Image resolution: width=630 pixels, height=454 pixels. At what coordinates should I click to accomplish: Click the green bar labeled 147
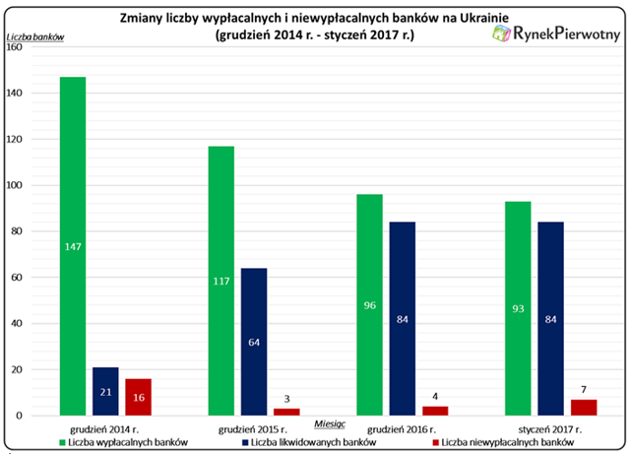pos(73,246)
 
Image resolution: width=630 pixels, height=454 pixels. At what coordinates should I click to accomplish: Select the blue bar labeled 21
pos(105,391)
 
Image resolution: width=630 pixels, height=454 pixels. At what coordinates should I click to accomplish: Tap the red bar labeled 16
pos(138,397)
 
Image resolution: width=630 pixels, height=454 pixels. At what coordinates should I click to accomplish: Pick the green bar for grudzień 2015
pos(221,281)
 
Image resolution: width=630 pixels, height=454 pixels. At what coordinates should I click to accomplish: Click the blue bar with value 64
pos(254,342)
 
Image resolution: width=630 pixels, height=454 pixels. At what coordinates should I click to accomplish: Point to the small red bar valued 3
pos(286,413)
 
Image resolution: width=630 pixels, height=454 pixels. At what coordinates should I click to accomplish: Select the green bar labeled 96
pos(370,305)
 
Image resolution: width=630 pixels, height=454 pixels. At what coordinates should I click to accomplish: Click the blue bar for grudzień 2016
pos(403,318)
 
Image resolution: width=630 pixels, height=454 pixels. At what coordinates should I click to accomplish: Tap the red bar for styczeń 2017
pos(584,408)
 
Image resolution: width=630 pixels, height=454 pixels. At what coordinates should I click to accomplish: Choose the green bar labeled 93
pos(518,308)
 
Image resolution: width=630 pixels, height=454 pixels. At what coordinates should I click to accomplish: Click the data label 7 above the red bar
pos(584,390)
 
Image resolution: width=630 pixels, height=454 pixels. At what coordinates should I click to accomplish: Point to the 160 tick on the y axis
pos(15,47)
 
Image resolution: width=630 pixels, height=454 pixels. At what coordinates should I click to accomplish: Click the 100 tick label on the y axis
pos(15,185)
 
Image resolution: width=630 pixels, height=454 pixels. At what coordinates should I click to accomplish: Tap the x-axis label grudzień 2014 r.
pos(104,429)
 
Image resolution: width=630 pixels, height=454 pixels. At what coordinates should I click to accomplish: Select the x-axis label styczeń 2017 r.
pos(550,429)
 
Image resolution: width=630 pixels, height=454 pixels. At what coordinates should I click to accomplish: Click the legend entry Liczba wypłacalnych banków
pos(124,443)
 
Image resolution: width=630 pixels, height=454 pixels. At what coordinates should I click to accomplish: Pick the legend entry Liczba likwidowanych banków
pos(309,443)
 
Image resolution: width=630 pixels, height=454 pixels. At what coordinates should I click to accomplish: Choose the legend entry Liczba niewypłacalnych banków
pos(503,443)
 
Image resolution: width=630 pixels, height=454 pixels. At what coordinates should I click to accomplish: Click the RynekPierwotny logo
pos(556,33)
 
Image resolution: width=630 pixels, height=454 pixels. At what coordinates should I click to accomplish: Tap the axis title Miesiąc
pos(330,424)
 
